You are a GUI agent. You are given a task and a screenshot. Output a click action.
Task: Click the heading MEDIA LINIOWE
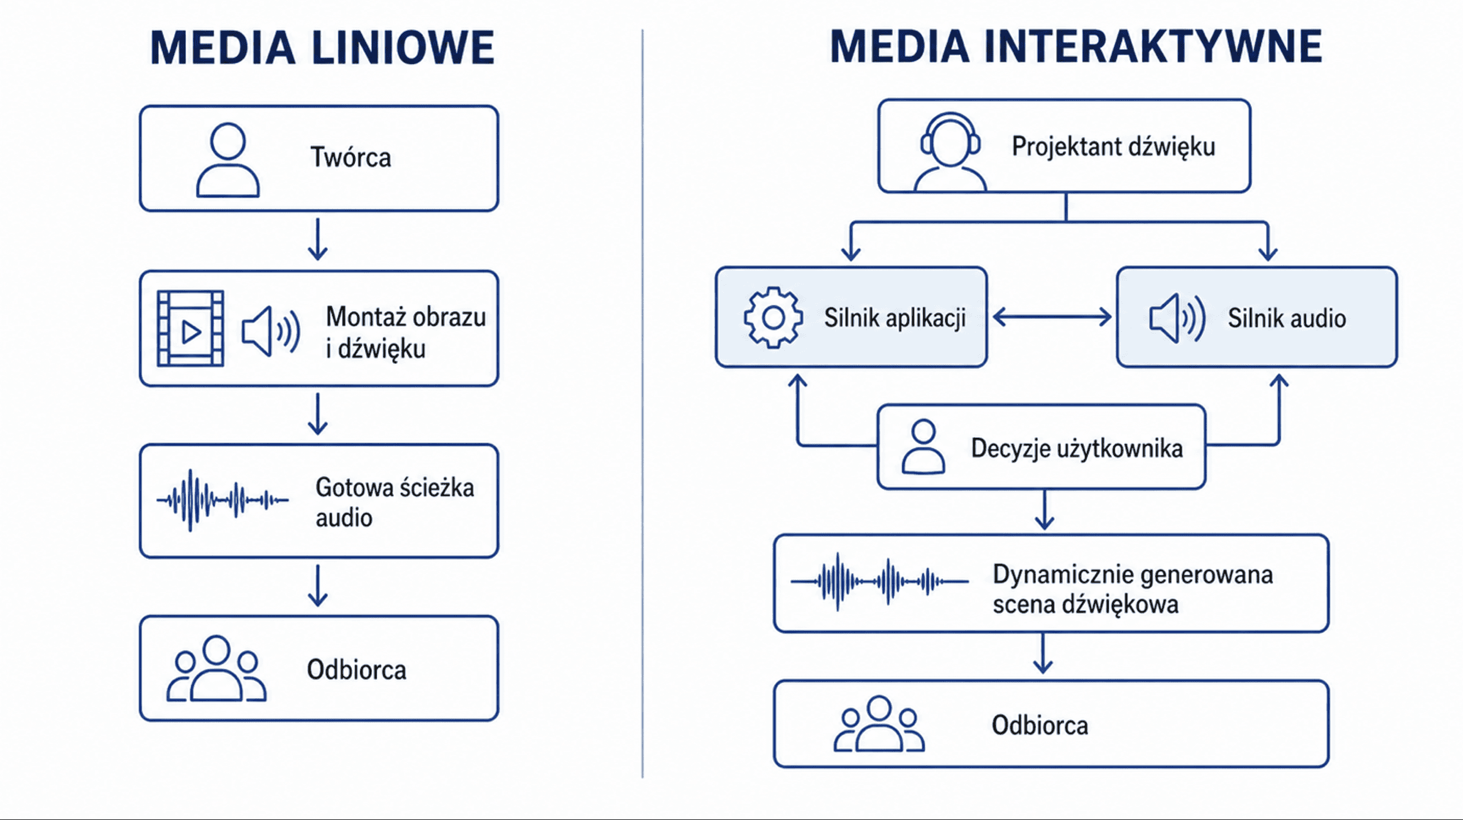click(322, 47)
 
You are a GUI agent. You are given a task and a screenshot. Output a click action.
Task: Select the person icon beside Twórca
click(227, 159)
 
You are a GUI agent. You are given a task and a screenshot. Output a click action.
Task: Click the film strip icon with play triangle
click(190, 328)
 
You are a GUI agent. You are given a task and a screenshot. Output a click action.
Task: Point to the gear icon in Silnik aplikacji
click(773, 318)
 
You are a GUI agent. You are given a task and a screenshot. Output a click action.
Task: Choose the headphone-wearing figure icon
click(950, 152)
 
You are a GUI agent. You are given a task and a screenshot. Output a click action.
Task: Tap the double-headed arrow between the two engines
click(1052, 317)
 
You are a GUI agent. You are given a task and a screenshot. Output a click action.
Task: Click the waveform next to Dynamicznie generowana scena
click(879, 582)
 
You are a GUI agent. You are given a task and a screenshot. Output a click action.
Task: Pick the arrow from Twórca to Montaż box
click(318, 239)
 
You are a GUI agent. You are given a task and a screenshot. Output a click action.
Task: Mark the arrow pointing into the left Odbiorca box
click(318, 585)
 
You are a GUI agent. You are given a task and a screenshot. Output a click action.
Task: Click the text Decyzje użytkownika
click(1077, 449)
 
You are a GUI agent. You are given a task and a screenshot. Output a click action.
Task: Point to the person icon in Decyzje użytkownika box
click(923, 447)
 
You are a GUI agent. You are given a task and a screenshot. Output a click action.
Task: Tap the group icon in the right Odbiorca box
click(878, 724)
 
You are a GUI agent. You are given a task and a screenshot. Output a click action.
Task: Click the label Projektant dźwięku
click(1114, 147)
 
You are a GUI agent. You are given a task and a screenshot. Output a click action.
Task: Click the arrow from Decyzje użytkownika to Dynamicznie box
click(1044, 510)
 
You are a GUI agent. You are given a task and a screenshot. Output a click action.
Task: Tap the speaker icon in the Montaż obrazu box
click(271, 331)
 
